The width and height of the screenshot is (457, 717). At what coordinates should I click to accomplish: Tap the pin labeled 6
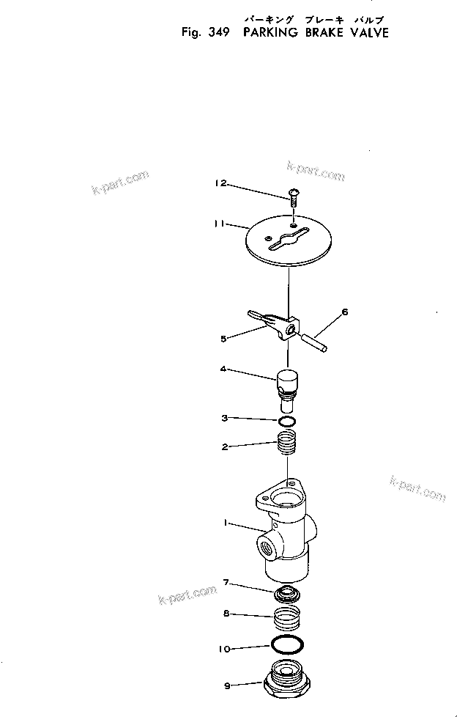pos(315,341)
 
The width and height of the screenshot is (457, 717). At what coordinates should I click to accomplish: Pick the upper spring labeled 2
pos(289,444)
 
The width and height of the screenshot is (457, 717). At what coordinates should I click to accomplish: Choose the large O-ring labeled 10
pos(289,646)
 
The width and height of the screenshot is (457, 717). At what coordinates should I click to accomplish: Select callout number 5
pos(224,338)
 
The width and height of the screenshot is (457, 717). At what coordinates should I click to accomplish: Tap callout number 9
pos(227,686)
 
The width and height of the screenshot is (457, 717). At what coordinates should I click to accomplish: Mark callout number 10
pos(226,648)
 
